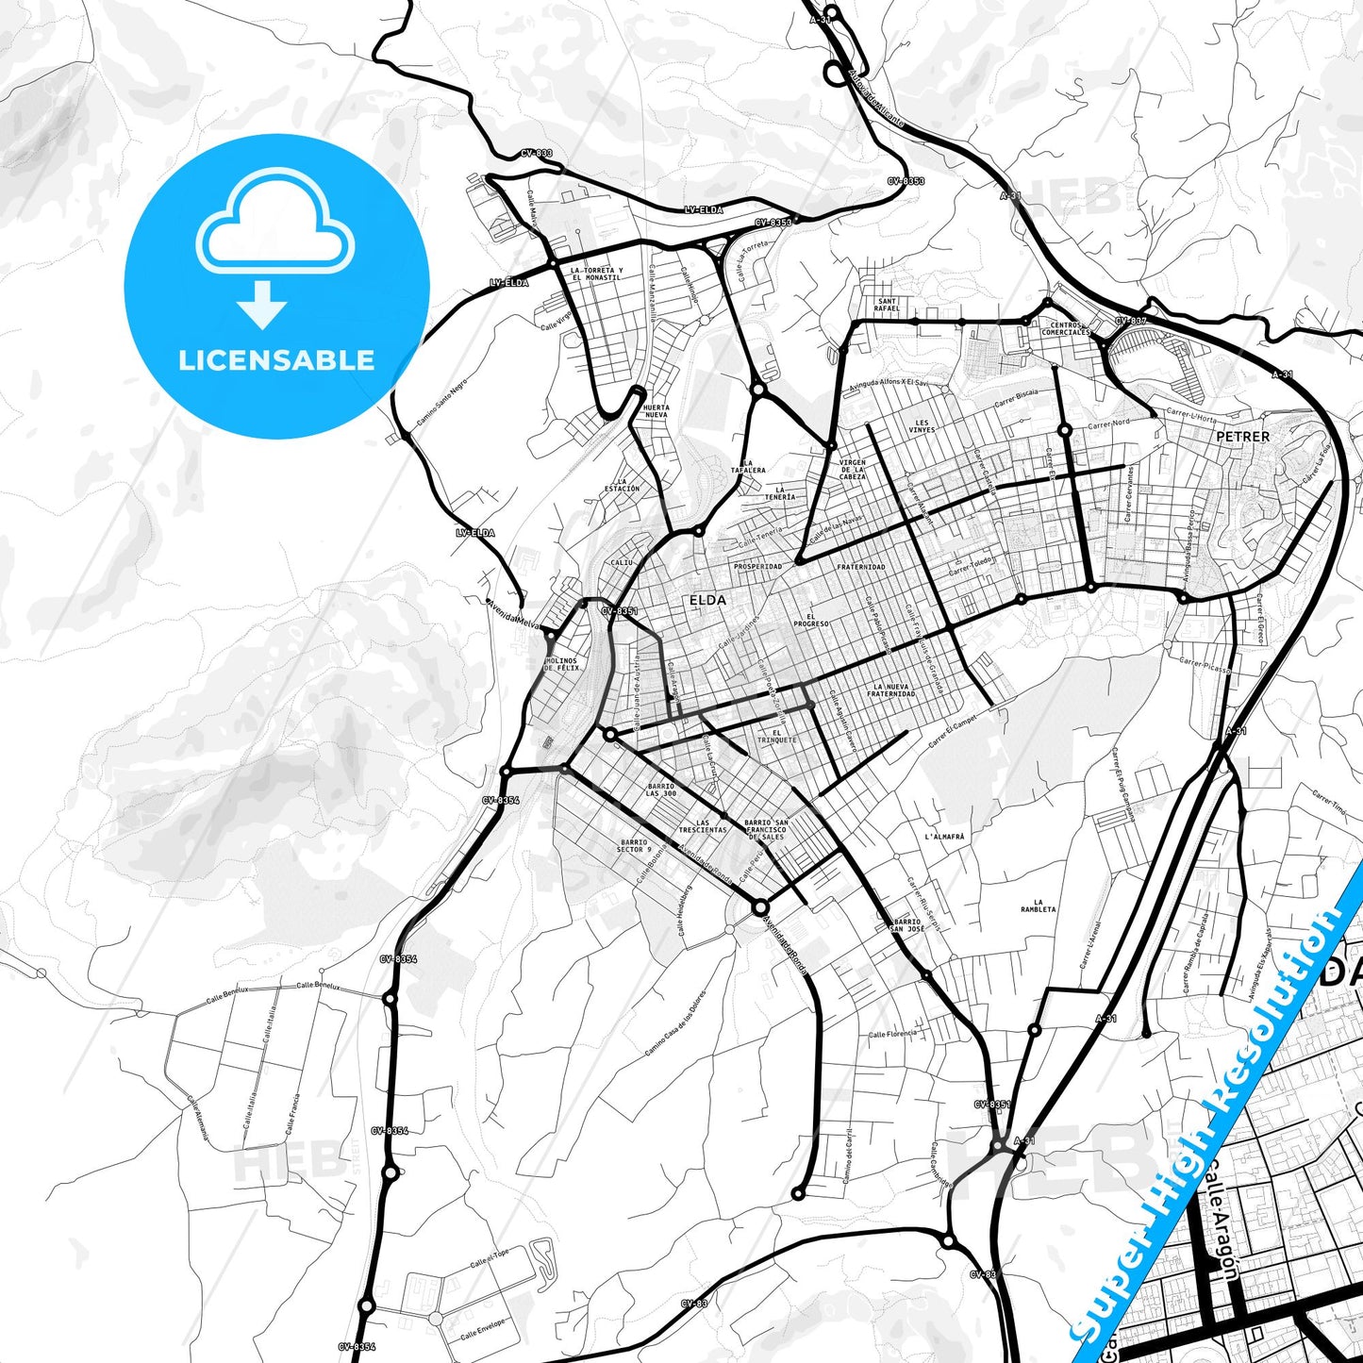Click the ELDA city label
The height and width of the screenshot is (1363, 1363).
[707, 600]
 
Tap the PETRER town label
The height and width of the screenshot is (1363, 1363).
[1242, 437]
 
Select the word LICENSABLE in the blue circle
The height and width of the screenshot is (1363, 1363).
[276, 360]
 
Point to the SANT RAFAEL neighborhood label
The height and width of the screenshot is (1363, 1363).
[887, 305]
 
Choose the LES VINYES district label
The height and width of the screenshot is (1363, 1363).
[922, 426]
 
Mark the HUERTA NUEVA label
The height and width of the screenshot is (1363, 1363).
[656, 411]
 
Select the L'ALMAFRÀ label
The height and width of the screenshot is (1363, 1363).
[944, 837]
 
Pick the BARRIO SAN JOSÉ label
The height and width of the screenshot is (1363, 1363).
[906, 924]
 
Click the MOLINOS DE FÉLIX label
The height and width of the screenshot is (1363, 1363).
[562, 664]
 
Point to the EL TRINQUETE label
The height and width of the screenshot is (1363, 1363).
[776, 736]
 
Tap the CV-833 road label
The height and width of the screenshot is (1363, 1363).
[536, 153]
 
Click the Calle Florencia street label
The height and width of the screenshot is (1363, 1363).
[892, 1034]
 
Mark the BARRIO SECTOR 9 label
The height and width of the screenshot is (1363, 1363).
[634, 845]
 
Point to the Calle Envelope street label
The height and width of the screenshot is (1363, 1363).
[483, 1329]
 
